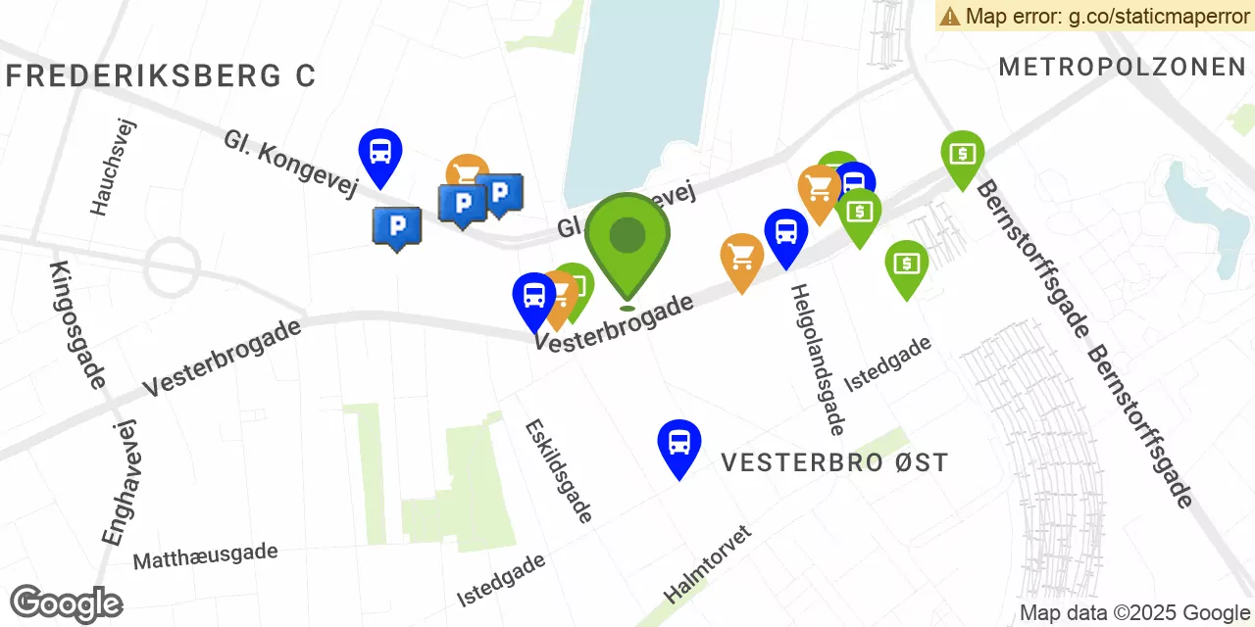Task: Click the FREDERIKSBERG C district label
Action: pos(161,76)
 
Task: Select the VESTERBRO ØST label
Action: pos(834,462)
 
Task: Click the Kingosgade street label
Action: pos(76,324)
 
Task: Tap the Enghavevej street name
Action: pos(120,481)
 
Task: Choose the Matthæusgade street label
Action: pos(205,555)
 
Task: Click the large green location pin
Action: pos(627,237)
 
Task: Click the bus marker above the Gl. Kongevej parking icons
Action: pos(380,153)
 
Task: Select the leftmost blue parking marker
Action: pos(397,226)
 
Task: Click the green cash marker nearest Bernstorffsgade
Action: pos(962,154)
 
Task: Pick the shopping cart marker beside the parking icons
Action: pos(468,172)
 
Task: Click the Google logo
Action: pos(66,603)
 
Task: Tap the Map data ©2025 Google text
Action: pos(1133,613)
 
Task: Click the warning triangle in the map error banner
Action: pos(950,16)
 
